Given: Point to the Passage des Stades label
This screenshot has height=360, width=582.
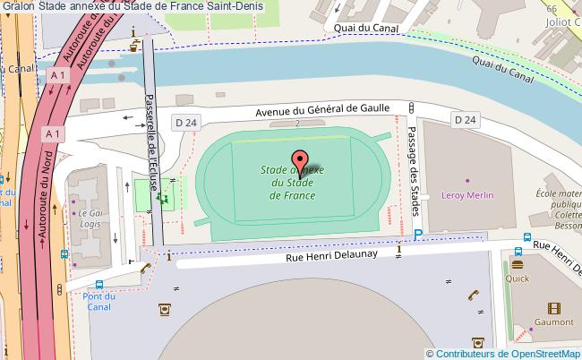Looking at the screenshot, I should pos(413,167).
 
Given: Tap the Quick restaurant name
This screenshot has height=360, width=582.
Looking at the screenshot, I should pos(518,278).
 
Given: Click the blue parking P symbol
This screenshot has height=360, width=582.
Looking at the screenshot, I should pos(418,236).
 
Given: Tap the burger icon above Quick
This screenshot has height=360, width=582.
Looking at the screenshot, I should pos(517,264).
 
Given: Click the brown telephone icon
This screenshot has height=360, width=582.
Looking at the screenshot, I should pos(475,295).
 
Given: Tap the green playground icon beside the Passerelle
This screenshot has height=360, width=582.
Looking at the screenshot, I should pos(163,199).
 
